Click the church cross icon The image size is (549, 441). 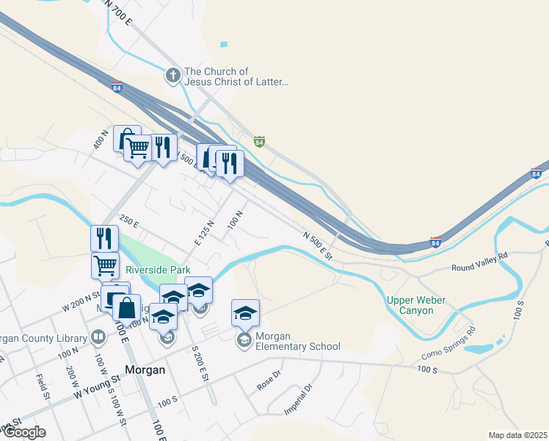pyautogui.click(x=172, y=75)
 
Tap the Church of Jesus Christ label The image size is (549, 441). pyautogui.click(x=236, y=76)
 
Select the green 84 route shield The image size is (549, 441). pyautogui.click(x=258, y=140)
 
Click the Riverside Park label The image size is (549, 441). pyautogui.click(x=158, y=270)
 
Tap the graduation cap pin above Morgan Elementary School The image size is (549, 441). pyautogui.click(x=245, y=313)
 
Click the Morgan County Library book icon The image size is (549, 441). pyautogui.click(x=98, y=337)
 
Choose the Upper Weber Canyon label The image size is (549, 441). pyautogui.click(x=421, y=305)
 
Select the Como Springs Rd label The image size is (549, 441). pyautogui.click(x=448, y=343)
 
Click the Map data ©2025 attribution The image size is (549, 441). pyautogui.click(x=517, y=435)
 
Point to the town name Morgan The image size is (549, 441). pyautogui.click(x=145, y=370)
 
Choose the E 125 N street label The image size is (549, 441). pyautogui.click(x=204, y=232)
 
